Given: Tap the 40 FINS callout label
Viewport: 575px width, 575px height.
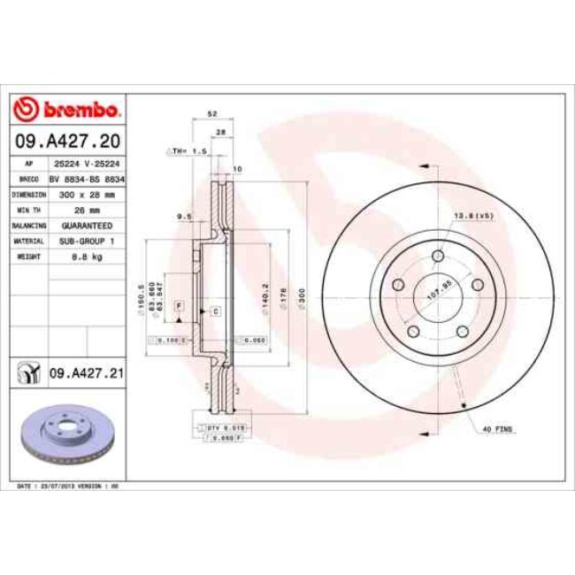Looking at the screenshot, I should tap(498, 429).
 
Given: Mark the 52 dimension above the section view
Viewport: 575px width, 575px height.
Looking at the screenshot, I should tap(211, 115).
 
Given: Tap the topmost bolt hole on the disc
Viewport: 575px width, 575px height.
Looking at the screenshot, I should tap(438, 257).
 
